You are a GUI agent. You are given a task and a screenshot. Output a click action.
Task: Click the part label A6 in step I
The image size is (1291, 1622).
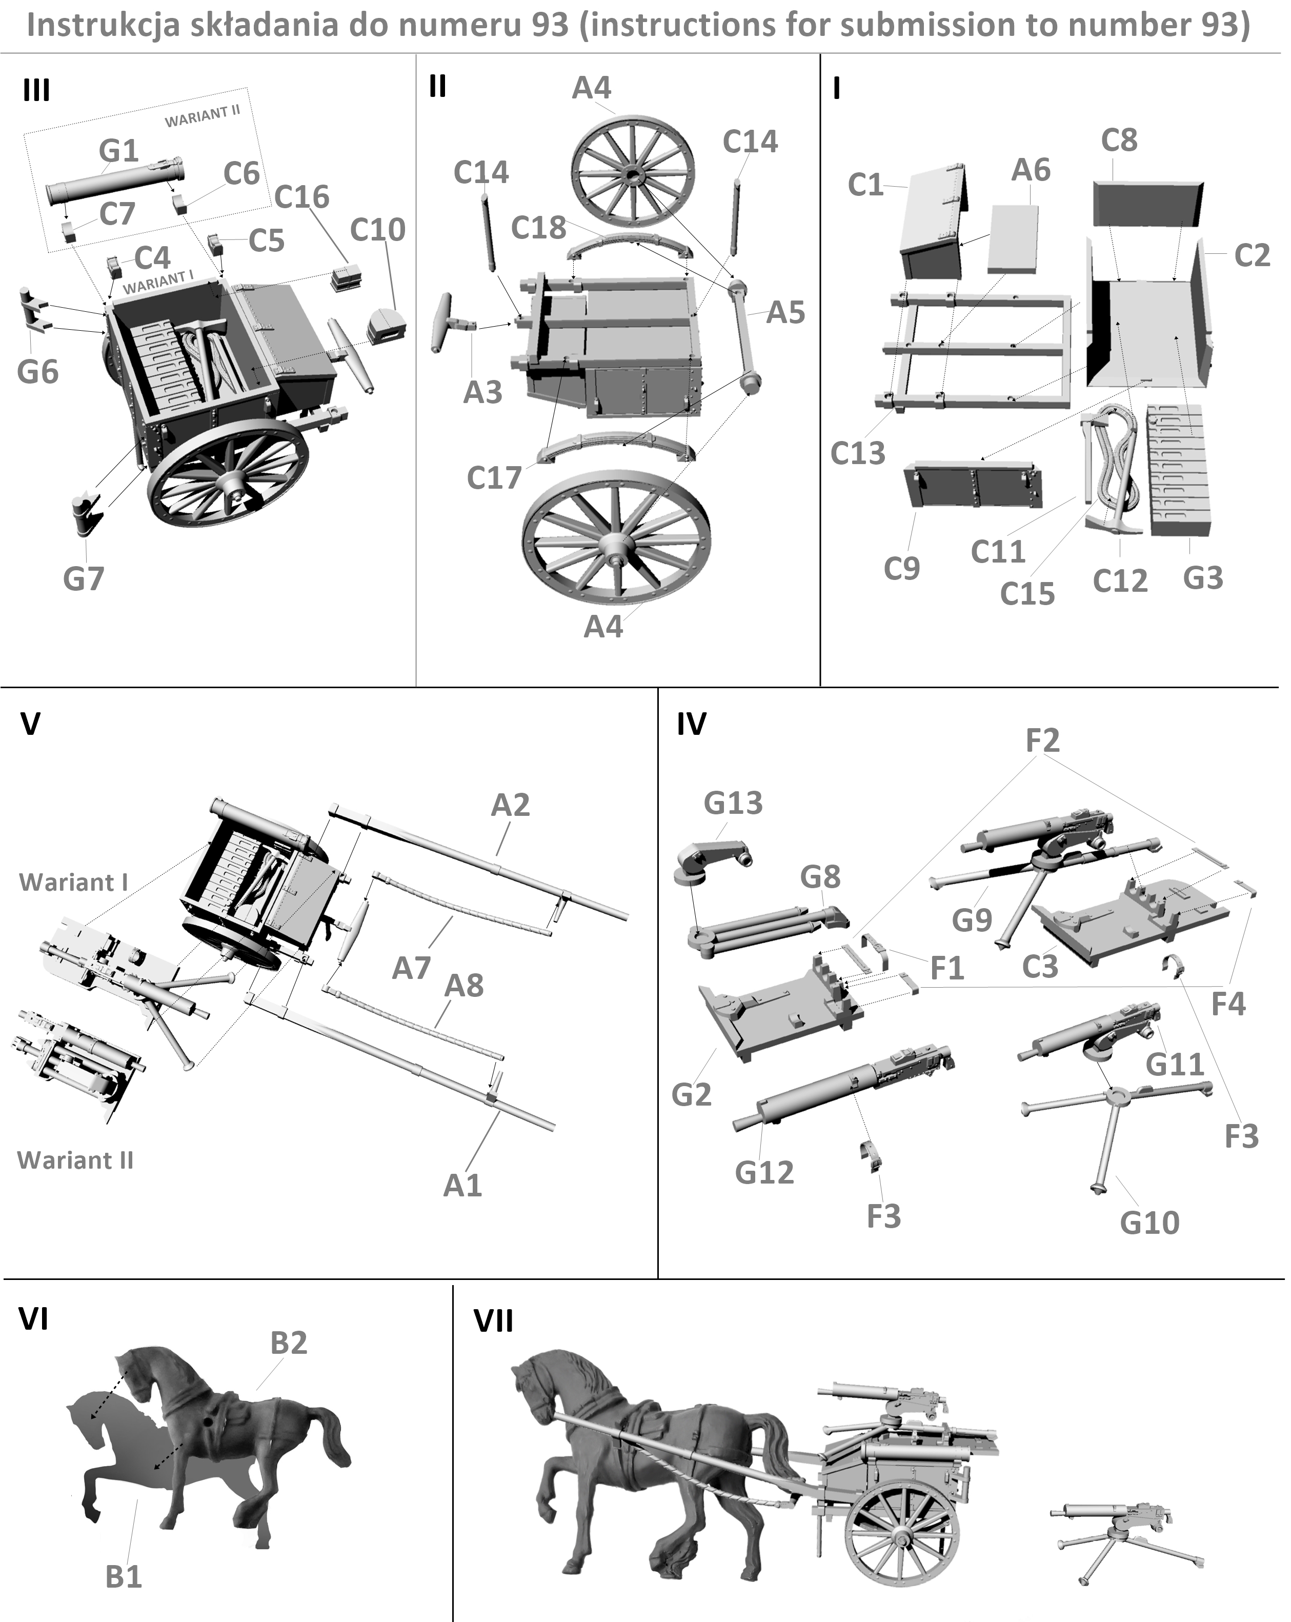click(x=1030, y=171)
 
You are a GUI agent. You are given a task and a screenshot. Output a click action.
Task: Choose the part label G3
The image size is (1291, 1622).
click(x=1202, y=578)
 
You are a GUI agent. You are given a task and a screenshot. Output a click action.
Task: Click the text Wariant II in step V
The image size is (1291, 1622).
click(x=75, y=1160)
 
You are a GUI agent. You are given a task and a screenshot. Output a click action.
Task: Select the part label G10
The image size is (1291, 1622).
click(x=1149, y=1223)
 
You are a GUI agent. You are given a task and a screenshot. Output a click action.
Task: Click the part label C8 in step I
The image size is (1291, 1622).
click(x=1119, y=141)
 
